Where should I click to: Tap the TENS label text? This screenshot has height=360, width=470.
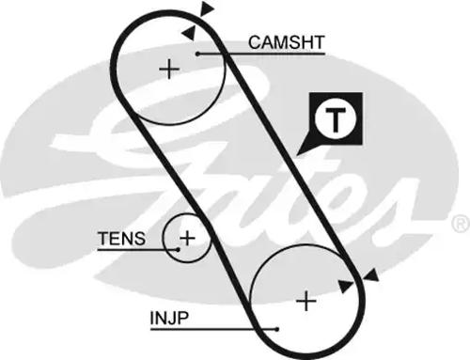tap(121, 239)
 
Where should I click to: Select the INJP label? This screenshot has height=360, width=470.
tap(169, 317)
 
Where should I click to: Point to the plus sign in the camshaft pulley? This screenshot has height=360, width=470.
tap(168, 69)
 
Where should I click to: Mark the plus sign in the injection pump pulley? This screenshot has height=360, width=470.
tap(305, 301)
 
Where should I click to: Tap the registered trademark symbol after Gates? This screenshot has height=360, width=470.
tap(460, 223)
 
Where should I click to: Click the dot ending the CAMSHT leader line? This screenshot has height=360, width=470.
tap(199, 55)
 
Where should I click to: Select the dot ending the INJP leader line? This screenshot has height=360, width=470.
tap(277, 329)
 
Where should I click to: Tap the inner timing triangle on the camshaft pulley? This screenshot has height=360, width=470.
tap(190, 32)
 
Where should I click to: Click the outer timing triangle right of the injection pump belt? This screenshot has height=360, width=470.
tap(372, 274)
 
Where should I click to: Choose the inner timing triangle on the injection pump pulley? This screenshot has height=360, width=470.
tap(348, 284)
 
